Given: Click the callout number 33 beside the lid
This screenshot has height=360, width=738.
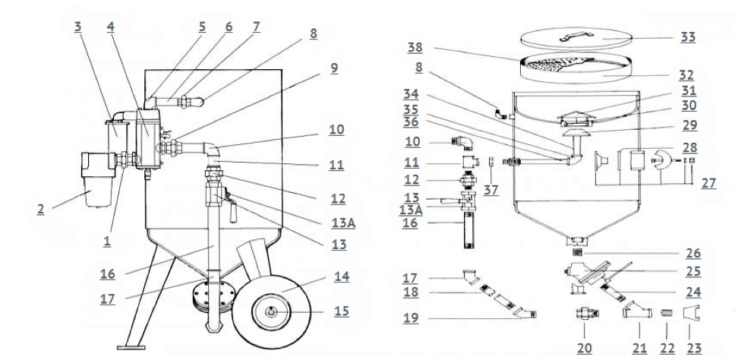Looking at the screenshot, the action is pos(688,37).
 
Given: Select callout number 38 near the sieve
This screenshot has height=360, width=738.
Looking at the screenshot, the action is pos(415,48).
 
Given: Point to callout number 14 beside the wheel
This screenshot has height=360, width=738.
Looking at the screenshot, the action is pos(342,276).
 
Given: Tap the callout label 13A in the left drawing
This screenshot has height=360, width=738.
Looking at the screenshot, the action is pos(343,223).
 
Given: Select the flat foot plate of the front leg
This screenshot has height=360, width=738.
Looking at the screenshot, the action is pos(131,348).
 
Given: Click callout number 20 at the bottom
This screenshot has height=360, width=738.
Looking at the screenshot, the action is pos(584,349).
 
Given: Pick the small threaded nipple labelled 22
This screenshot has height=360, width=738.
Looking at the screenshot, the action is pos(667,312).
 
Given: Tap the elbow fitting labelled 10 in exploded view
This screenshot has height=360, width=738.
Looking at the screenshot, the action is pos(464,143).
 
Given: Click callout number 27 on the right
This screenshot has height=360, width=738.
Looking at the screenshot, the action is pos(708,182).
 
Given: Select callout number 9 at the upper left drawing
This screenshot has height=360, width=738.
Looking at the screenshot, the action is pos(334,68).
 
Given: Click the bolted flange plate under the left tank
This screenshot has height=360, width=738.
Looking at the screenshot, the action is pos(214,295).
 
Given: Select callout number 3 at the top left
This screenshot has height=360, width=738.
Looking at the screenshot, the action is pos(77,27).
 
